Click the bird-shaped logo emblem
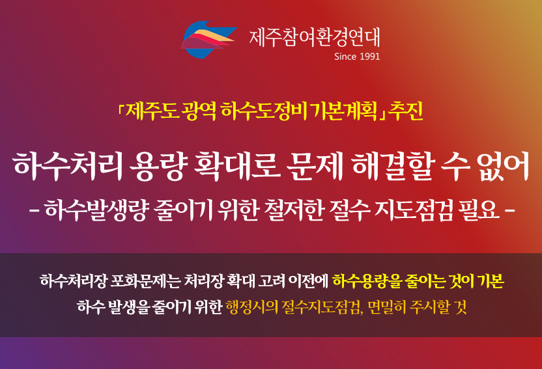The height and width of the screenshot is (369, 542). (x=208, y=39)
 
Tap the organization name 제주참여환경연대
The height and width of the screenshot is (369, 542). (x=315, y=38)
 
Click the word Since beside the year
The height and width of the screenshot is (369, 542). (x=346, y=57)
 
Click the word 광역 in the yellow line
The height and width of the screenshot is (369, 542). (x=201, y=111)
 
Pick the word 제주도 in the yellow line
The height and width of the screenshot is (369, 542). (x=153, y=111)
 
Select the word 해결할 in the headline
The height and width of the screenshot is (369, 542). (x=392, y=166)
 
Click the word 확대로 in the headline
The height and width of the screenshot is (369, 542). (x=237, y=166)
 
